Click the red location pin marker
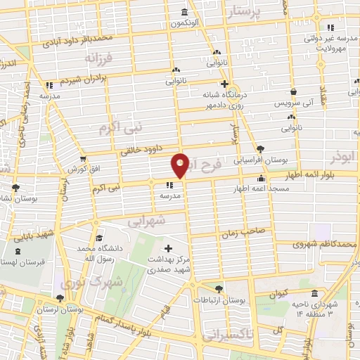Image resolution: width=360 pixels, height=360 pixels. tap(180, 165)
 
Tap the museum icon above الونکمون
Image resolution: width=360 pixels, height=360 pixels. tap(184, 13)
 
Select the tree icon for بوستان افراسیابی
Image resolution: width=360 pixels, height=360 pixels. tap(261, 149)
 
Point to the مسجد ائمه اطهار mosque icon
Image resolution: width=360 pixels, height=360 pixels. tap(261, 179)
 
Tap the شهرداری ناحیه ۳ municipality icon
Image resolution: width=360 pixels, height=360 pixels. tap(313, 293)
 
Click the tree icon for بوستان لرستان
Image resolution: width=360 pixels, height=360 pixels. tap(59, 298)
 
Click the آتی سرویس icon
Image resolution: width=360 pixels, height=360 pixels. tap(294, 91)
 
